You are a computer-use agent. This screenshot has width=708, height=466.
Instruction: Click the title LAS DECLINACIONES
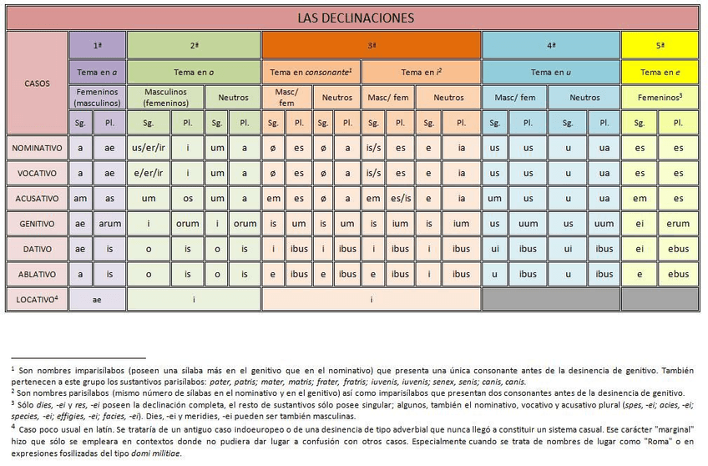355,18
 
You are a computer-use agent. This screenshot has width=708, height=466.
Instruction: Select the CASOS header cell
38,83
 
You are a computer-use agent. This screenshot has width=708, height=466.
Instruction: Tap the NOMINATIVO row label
38,148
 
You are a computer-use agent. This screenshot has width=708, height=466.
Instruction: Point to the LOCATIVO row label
38,298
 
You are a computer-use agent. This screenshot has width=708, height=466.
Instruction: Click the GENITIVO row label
38,224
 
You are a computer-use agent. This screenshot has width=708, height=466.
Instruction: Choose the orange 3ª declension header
372,44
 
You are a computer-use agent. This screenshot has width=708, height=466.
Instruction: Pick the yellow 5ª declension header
660,44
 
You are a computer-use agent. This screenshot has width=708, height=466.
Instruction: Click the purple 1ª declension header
98,44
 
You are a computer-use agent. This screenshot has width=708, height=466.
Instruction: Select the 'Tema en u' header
551,72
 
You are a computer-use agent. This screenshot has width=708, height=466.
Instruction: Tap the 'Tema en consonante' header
311,72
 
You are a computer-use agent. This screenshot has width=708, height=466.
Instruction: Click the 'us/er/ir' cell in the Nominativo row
149,148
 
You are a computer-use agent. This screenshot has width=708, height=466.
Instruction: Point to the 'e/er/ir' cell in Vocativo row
149,173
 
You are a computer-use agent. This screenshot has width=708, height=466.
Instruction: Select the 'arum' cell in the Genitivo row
109,224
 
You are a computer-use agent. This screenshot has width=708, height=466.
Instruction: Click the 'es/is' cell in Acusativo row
401,199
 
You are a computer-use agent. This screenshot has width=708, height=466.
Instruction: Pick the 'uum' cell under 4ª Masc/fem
528,224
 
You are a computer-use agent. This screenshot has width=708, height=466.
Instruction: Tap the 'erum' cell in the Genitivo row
678,224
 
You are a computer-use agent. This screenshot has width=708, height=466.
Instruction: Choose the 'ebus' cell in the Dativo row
678,249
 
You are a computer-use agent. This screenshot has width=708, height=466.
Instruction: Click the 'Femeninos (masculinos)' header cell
98,97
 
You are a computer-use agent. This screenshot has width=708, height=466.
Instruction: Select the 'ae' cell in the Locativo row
98,298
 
